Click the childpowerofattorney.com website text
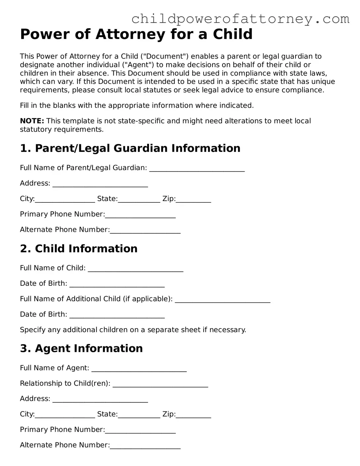click(240, 19)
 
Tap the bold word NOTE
click(32, 121)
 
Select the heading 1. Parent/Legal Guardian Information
click(130, 148)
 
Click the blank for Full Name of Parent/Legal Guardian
click(197, 168)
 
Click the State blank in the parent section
click(139, 199)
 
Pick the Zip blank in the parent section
click(193, 199)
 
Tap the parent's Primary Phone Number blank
click(140, 215)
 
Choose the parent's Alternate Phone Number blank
click(145, 231)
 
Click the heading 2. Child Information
click(79, 248)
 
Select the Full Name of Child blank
click(136, 269)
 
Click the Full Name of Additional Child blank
click(222, 300)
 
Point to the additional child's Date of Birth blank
click(117, 315)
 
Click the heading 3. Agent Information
click(81, 348)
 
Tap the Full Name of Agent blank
click(139, 369)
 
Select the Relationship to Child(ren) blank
click(160, 384)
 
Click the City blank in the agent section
click(65, 415)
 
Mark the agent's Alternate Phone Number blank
click(145, 446)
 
